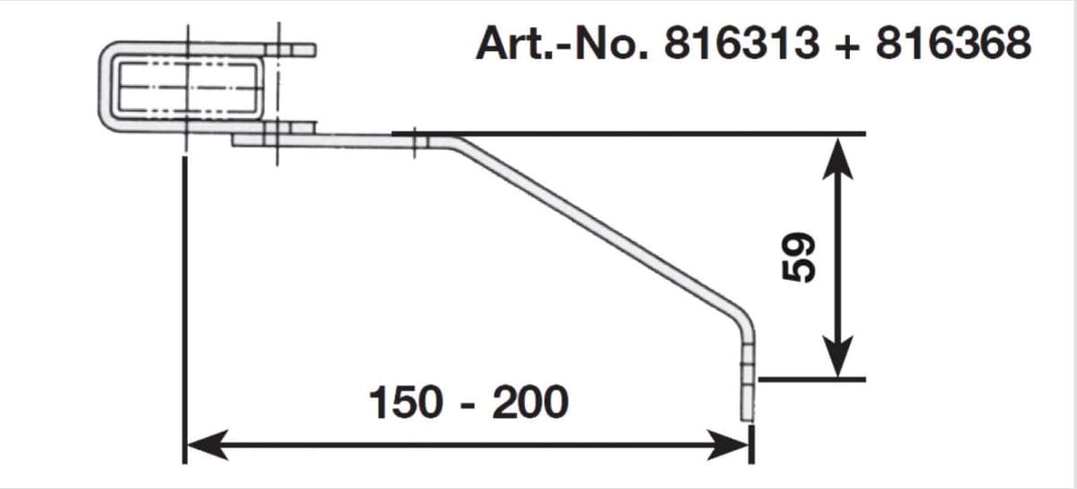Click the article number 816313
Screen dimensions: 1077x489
[741, 43]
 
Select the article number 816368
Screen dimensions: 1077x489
[953, 43]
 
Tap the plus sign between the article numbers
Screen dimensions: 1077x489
[846, 46]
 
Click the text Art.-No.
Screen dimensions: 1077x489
[562, 43]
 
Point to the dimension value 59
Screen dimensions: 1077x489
[799, 258]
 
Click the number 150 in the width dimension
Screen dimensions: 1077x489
[406, 402]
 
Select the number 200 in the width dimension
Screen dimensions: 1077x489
[530, 402]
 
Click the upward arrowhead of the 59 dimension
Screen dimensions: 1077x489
[838, 159]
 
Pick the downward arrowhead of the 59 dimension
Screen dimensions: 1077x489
[838, 357]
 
